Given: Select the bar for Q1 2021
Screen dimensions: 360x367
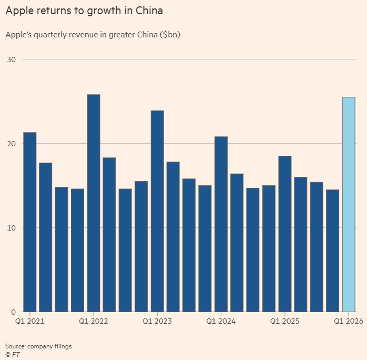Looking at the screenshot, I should [x=30, y=222].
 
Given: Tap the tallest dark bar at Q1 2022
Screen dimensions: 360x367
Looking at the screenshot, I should [x=94, y=203].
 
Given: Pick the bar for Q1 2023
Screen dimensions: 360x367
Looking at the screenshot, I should [x=157, y=211].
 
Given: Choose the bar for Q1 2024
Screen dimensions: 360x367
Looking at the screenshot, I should [x=221, y=224].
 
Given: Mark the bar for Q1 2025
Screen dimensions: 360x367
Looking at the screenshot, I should [x=284, y=234].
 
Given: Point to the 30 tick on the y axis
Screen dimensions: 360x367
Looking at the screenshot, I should [x=11, y=59].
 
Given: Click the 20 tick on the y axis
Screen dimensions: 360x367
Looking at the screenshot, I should [x=11, y=144].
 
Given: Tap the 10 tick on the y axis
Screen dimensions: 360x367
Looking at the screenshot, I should [x=11, y=228].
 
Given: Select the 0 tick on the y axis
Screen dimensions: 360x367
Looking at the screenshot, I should [x=13, y=312].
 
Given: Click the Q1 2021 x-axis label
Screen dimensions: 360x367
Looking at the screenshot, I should [x=30, y=321].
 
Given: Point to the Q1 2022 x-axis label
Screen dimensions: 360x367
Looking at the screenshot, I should [x=94, y=321].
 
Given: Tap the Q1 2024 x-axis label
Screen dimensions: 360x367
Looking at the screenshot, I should [x=221, y=321].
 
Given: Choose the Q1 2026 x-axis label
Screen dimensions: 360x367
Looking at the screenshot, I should [x=348, y=321].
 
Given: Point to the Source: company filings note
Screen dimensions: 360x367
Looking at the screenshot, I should [x=38, y=346].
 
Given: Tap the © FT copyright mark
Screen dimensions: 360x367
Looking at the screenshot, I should [x=13, y=355].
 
